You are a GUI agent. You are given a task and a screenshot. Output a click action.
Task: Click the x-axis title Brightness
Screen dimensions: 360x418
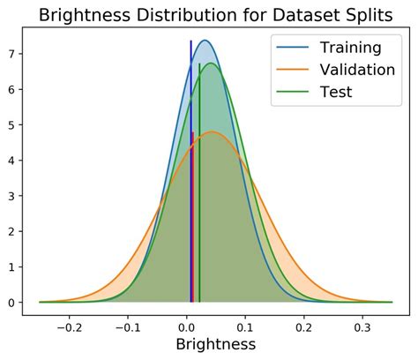[x=216, y=344]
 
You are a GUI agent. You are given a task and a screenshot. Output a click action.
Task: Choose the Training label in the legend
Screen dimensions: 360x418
[x=349, y=47]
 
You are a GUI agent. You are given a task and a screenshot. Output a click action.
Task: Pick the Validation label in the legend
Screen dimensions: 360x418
[x=357, y=69]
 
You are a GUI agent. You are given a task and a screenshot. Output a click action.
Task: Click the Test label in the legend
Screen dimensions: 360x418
[x=336, y=91]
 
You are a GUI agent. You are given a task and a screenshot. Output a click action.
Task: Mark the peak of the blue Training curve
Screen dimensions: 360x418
[x=205, y=41]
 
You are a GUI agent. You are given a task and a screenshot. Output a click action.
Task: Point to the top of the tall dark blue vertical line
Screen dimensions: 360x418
[x=190, y=41]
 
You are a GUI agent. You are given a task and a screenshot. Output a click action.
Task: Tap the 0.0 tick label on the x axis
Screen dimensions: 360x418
[x=187, y=324]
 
